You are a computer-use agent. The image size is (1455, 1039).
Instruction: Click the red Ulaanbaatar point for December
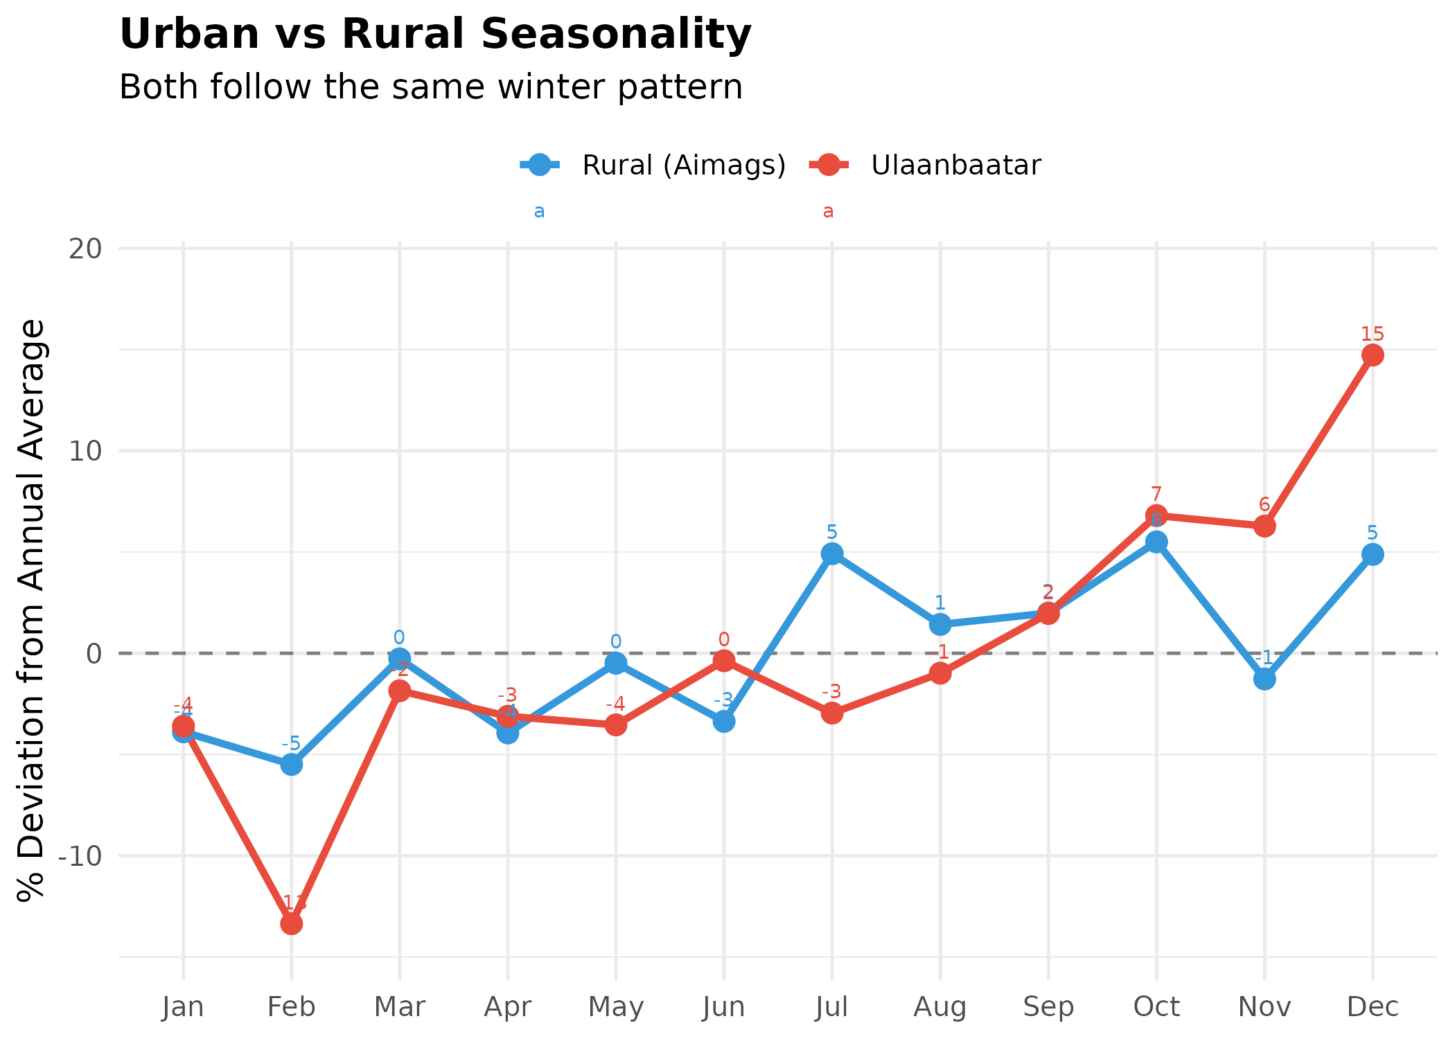tap(1372, 355)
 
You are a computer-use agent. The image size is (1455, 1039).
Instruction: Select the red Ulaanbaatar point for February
tap(291, 923)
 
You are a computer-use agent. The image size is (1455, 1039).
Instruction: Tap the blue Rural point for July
tap(831, 553)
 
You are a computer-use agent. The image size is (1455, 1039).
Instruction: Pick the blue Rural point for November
tap(1264, 679)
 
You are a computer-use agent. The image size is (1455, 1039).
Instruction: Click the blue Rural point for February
tap(291, 765)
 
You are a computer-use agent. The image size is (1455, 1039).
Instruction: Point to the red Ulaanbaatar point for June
tap(724, 661)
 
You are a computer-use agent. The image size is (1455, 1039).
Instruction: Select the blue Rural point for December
tap(1372, 554)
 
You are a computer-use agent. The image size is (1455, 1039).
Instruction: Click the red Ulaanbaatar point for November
tap(1264, 526)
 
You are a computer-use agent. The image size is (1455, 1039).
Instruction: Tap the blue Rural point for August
tap(940, 624)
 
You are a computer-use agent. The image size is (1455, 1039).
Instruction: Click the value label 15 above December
tap(1372, 335)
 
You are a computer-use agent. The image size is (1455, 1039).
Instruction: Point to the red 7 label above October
tap(1156, 495)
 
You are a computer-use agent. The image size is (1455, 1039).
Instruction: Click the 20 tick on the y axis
tap(85, 248)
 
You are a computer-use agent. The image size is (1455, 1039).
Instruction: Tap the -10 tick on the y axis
tap(80, 856)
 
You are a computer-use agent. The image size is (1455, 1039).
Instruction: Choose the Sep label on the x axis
tap(1048, 1006)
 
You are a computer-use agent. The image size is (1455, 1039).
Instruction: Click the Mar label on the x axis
tap(399, 1006)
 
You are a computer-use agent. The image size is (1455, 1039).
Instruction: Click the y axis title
tap(31, 610)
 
